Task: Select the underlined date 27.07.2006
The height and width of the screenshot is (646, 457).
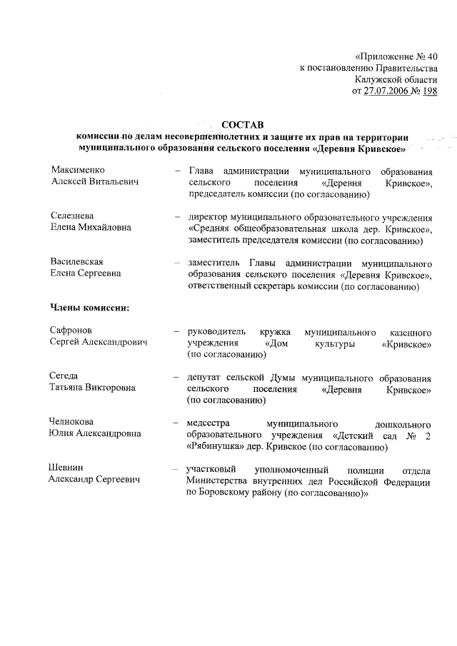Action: pos(389,92)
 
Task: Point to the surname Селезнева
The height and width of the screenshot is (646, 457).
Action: pos(74,216)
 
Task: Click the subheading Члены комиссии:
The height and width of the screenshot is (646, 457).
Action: pos(89,308)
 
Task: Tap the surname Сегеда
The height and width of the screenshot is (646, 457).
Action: pos(64,376)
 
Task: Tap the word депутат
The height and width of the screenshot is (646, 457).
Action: pos(206,377)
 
